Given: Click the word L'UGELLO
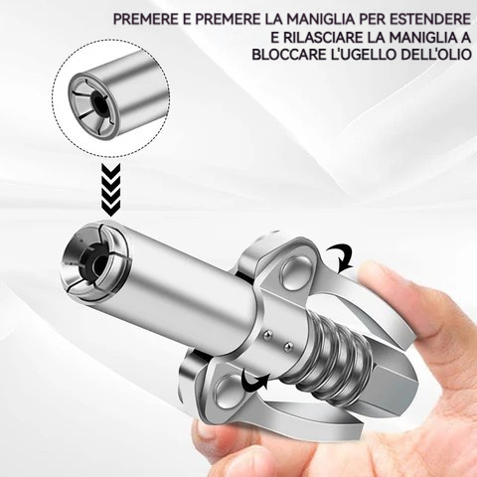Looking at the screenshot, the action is [364, 55].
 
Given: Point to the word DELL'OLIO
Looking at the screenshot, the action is [436, 55].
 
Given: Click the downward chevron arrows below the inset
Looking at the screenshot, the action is [110, 191].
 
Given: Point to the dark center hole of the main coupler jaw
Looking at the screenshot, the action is [98, 264].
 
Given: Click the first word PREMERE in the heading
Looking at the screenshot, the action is [145, 19].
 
